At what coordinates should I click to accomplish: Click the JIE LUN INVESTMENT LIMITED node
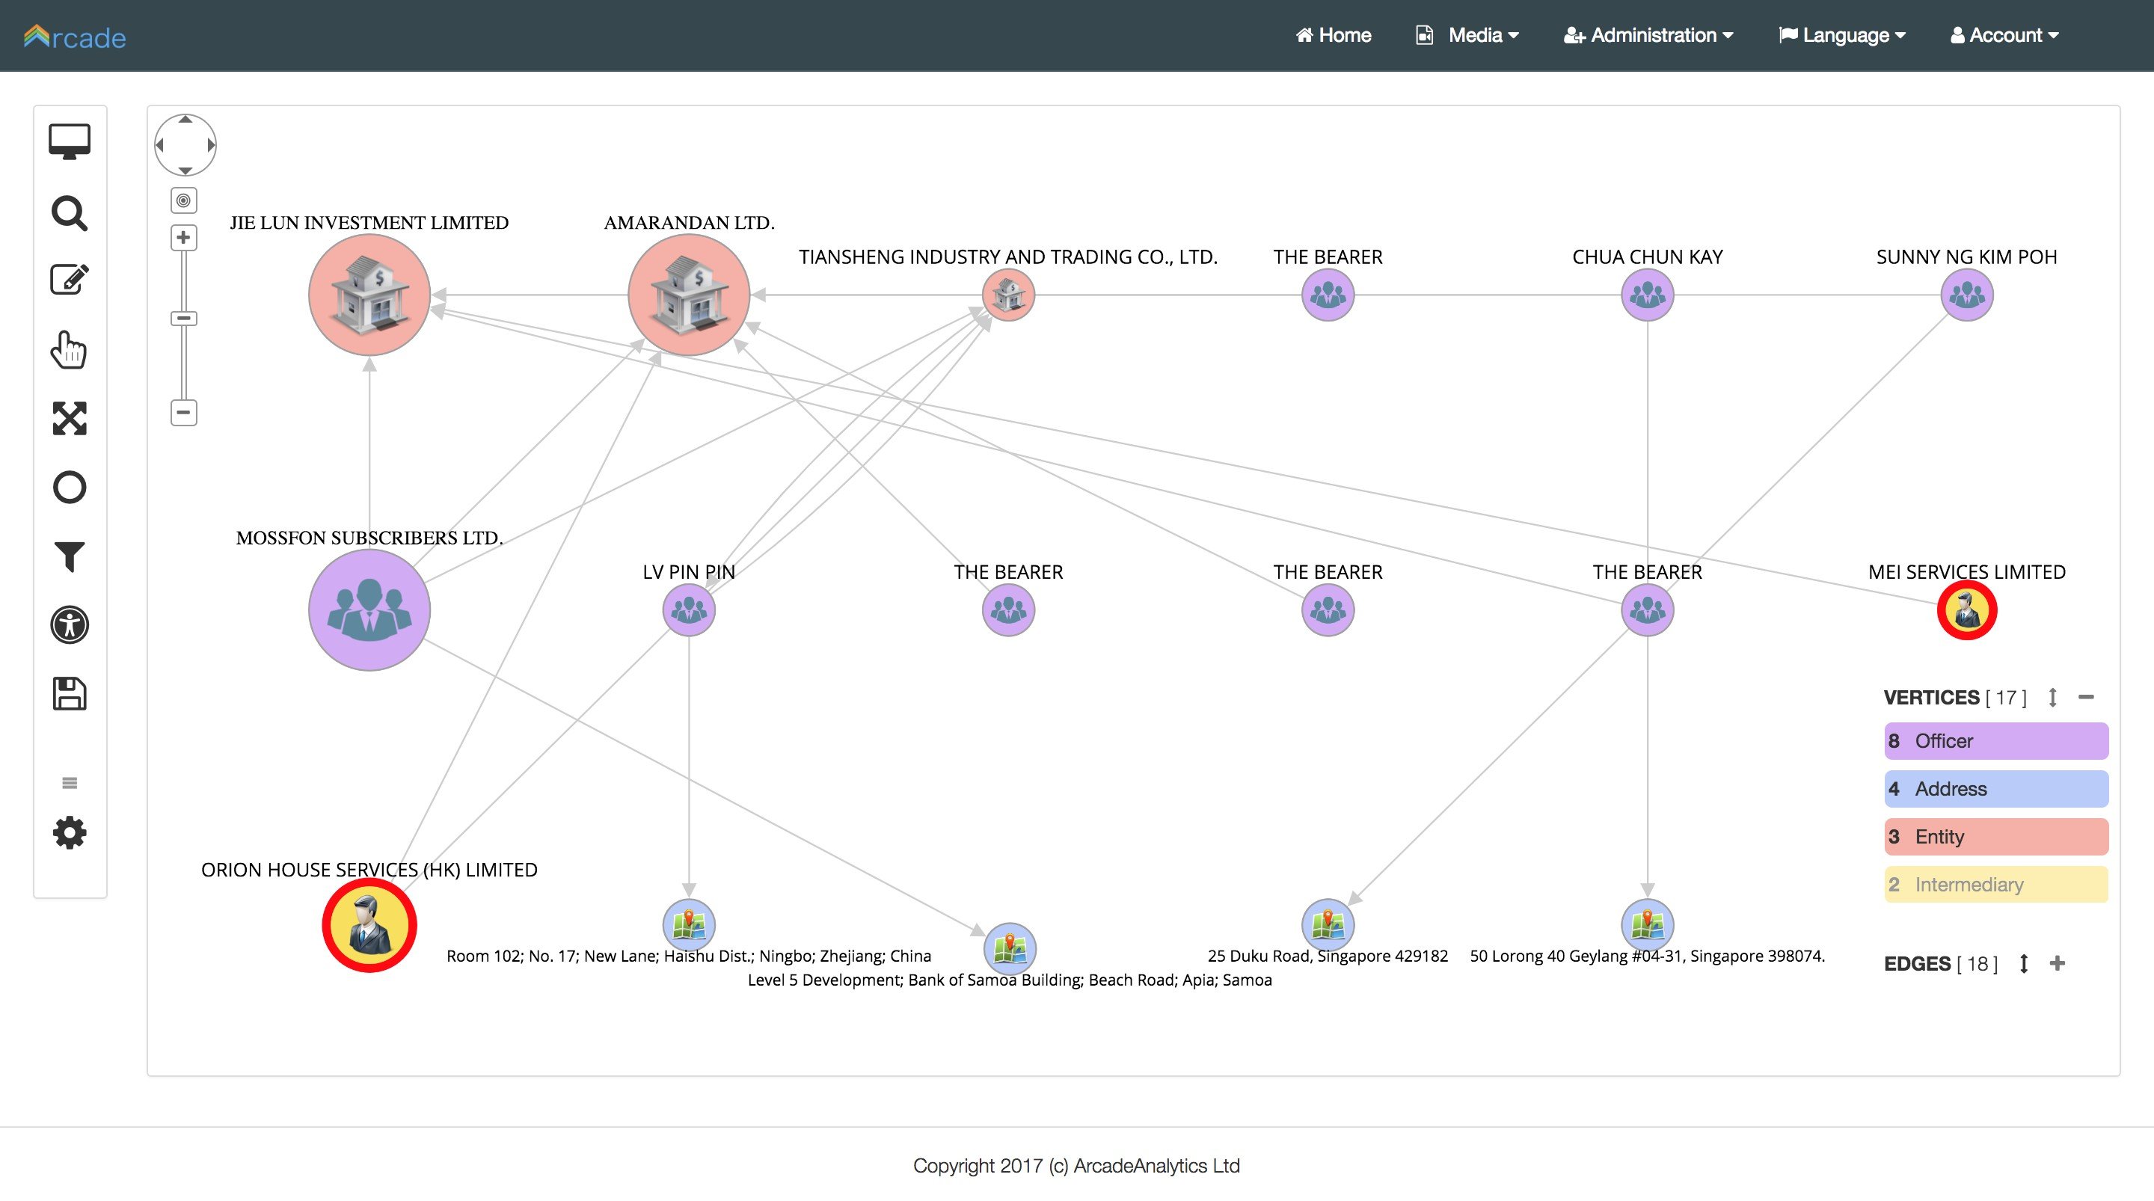pyautogui.click(x=369, y=295)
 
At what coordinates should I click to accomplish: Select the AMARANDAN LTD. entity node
pyautogui.click(x=689, y=295)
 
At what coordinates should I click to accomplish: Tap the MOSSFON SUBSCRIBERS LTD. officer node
pyautogui.click(x=369, y=609)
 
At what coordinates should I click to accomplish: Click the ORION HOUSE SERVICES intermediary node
pyautogui.click(x=369, y=925)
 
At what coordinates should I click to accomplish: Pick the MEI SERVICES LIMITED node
pyautogui.click(x=1967, y=609)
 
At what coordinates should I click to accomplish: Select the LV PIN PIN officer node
pyautogui.click(x=689, y=609)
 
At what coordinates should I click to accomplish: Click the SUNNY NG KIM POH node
pyautogui.click(x=1967, y=295)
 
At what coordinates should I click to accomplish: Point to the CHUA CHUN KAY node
pyautogui.click(x=1647, y=295)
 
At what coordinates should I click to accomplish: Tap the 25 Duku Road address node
pyautogui.click(x=1328, y=925)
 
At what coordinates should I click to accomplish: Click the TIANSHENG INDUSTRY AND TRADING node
pyautogui.click(x=1008, y=295)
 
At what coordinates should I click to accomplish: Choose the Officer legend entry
pyautogui.click(x=1996, y=741)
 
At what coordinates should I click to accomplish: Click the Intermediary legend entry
pyautogui.click(x=1996, y=885)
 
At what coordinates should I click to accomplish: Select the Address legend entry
pyautogui.click(x=1996, y=789)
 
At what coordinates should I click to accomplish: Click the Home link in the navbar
pyautogui.click(x=1333, y=35)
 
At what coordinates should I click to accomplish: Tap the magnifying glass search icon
pyautogui.click(x=70, y=213)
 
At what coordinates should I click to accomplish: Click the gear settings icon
pyautogui.click(x=70, y=833)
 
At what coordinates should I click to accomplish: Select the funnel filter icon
pyautogui.click(x=70, y=556)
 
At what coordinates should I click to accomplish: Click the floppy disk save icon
pyautogui.click(x=70, y=693)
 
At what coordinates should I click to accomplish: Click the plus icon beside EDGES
pyautogui.click(x=2058, y=963)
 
